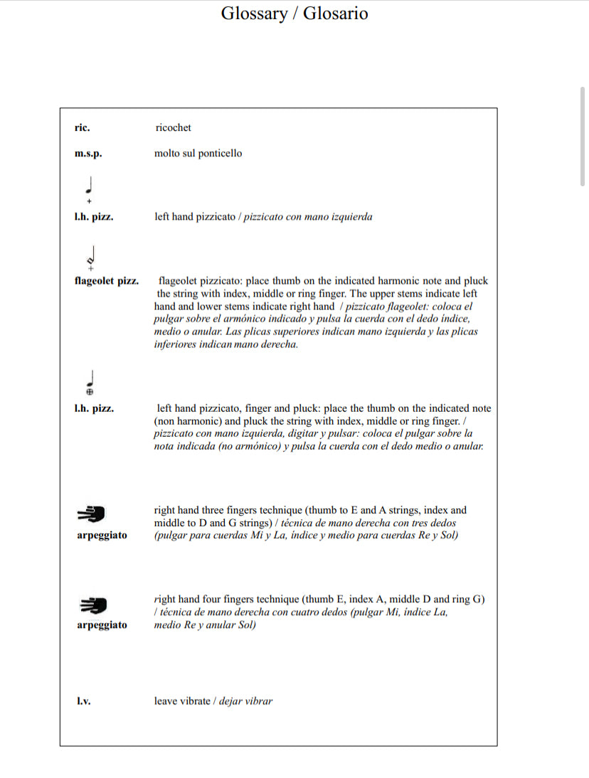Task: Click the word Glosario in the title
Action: pos(336,14)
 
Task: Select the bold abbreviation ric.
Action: pos(82,128)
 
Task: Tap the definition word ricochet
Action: pos(173,128)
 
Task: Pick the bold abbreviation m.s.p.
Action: pos(87,154)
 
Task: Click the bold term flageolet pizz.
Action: pos(106,281)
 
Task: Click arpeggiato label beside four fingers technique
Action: pos(102,625)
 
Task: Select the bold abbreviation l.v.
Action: pos(83,701)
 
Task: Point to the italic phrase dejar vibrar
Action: pos(245,701)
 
